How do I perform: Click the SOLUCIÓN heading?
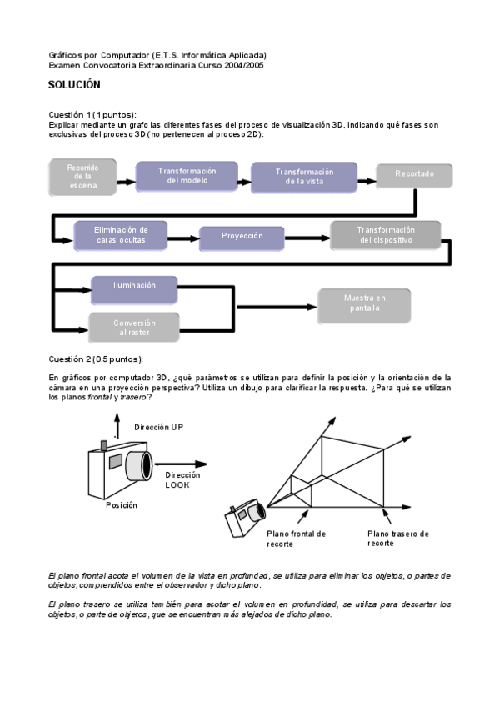[74, 85]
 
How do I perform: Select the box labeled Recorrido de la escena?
[82, 177]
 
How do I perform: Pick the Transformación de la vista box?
[304, 177]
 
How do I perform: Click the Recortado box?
[413, 176]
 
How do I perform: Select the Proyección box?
[242, 236]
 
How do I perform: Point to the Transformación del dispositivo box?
[385, 235]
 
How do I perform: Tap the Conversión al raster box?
[133, 328]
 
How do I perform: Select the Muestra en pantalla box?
[364, 303]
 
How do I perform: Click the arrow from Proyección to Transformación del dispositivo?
[307, 237]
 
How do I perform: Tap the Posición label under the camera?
[121, 505]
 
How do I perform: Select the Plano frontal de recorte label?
[296, 538]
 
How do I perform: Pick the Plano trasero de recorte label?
[398, 538]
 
